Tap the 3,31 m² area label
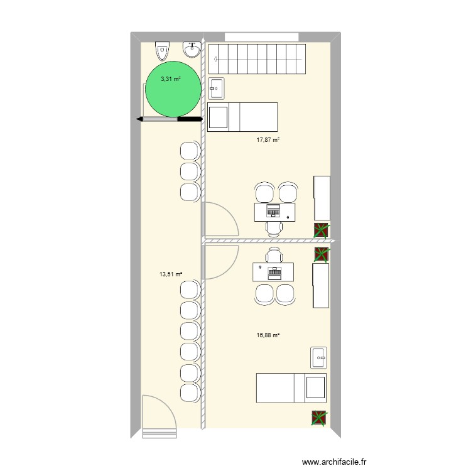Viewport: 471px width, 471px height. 170,79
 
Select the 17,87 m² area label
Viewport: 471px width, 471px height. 268,140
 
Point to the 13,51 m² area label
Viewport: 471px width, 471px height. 170,274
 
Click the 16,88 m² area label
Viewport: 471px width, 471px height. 268,335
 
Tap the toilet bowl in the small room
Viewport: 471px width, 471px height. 163,48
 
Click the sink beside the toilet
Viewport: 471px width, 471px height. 191,48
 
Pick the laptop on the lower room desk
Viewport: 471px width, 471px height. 274,272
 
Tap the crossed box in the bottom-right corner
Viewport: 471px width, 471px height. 320,418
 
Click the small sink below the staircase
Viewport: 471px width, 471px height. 217,89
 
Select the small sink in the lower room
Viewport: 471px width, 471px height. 319,357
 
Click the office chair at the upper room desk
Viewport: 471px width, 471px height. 273,227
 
